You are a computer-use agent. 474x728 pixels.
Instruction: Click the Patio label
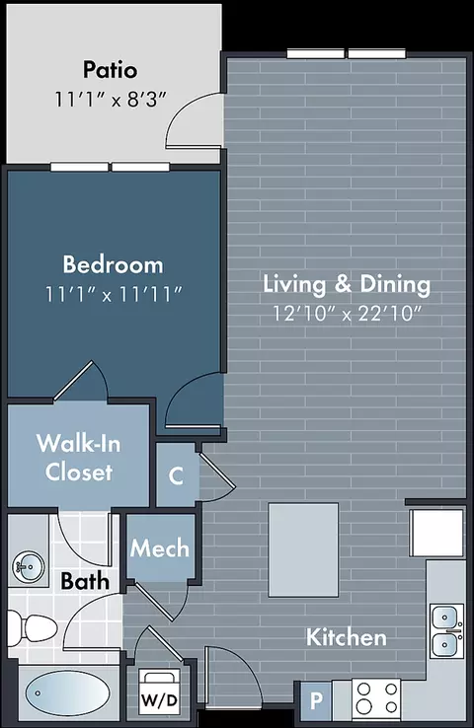[111, 70]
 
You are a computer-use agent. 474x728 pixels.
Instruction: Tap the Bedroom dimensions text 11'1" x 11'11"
[114, 294]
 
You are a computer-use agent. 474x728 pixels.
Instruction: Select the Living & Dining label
[347, 284]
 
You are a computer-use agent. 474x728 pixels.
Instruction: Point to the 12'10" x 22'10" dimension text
[347, 314]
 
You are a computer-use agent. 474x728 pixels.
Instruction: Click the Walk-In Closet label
[79, 458]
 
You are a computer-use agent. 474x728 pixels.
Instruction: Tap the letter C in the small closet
[176, 475]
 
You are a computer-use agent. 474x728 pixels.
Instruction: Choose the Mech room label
[159, 548]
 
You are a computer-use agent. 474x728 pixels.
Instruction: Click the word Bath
[85, 581]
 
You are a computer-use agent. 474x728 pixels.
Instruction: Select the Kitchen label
[347, 637]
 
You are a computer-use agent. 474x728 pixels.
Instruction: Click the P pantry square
[316, 700]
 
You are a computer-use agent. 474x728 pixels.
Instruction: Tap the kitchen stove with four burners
[376, 698]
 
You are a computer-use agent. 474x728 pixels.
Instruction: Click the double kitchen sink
[446, 630]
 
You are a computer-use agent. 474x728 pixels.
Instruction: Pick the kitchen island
[303, 549]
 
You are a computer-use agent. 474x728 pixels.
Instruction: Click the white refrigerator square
[436, 533]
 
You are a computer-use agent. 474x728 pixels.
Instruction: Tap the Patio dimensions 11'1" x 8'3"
[111, 100]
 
